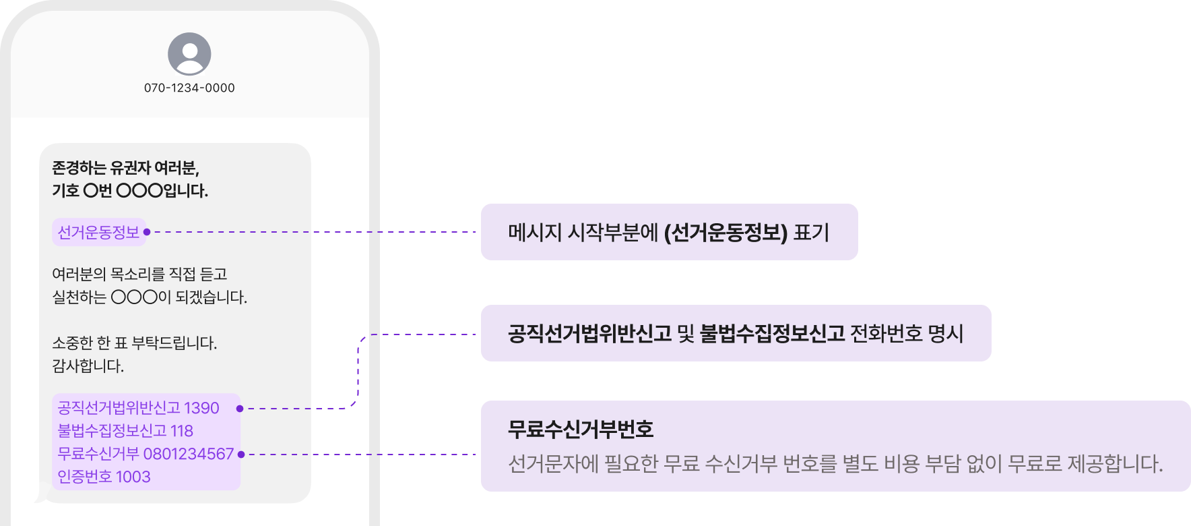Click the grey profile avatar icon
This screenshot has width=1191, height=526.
[x=189, y=54]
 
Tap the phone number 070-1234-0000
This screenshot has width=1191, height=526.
[x=189, y=88]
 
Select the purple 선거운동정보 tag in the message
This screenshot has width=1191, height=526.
[x=98, y=232]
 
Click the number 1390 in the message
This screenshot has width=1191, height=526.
[x=201, y=408]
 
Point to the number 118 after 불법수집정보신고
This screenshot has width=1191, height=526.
[x=181, y=431]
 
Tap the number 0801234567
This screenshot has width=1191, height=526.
[x=189, y=454]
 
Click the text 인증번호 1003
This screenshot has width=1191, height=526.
[x=104, y=477]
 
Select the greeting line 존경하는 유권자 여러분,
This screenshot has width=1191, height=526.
[x=125, y=168]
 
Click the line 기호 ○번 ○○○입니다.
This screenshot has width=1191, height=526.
[x=130, y=191]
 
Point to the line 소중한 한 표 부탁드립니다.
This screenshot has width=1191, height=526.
[x=135, y=343]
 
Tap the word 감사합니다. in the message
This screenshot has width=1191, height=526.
[x=88, y=366]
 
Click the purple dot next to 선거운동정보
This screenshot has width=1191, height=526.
[x=147, y=232]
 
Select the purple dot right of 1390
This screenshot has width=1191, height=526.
[x=240, y=409]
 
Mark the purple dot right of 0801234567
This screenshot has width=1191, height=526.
[x=241, y=455]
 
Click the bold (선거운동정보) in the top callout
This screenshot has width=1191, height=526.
[x=726, y=233]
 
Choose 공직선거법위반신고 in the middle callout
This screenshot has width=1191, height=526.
[x=589, y=334]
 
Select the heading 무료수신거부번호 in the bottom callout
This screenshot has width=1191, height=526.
[x=581, y=430]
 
